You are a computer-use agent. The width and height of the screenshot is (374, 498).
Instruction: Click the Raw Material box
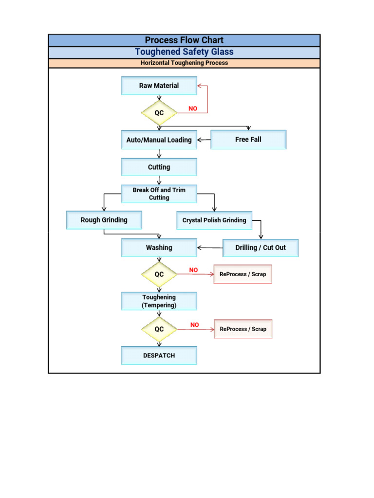tap(159, 86)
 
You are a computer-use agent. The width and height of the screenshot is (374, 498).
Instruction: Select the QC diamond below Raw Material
tap(159, 113)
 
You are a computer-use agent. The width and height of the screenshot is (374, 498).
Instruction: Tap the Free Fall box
tap(248, 140)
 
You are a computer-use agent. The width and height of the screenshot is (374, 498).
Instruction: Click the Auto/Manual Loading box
tap(159, 140)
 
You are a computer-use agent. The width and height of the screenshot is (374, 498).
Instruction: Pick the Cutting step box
tap(159, 167)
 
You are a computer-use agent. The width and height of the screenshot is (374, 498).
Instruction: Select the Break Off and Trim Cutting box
tap(159, 194)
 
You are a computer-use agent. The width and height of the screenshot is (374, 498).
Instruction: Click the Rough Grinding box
tap(104, 220)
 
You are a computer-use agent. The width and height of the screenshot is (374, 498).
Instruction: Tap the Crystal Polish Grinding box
tap(214, 220)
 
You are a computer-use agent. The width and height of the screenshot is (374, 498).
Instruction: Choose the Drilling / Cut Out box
tap(261, 248)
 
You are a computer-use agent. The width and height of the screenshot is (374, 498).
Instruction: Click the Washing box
tap(159, 248)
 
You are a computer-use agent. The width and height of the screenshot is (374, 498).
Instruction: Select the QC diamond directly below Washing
tap(159, 274)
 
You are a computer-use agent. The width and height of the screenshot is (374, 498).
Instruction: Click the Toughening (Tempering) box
tap(159, 301)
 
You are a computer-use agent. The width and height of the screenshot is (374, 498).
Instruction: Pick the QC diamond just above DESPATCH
tap(159, 329)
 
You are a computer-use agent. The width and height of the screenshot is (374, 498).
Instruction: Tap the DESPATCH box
tap(159, 356)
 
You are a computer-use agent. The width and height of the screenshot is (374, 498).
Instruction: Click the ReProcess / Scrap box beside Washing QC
tap(243, 274)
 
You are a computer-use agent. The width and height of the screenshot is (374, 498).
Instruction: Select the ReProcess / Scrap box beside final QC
tap(243, 329)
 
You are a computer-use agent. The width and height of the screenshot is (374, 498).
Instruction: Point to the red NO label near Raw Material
tap(193, 108)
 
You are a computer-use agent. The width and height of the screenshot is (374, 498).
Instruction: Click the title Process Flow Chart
tap(184, 40)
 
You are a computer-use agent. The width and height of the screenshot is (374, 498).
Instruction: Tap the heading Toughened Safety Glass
tap(184, 52)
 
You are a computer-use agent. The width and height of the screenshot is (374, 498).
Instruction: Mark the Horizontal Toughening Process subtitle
tap(184, 63)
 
